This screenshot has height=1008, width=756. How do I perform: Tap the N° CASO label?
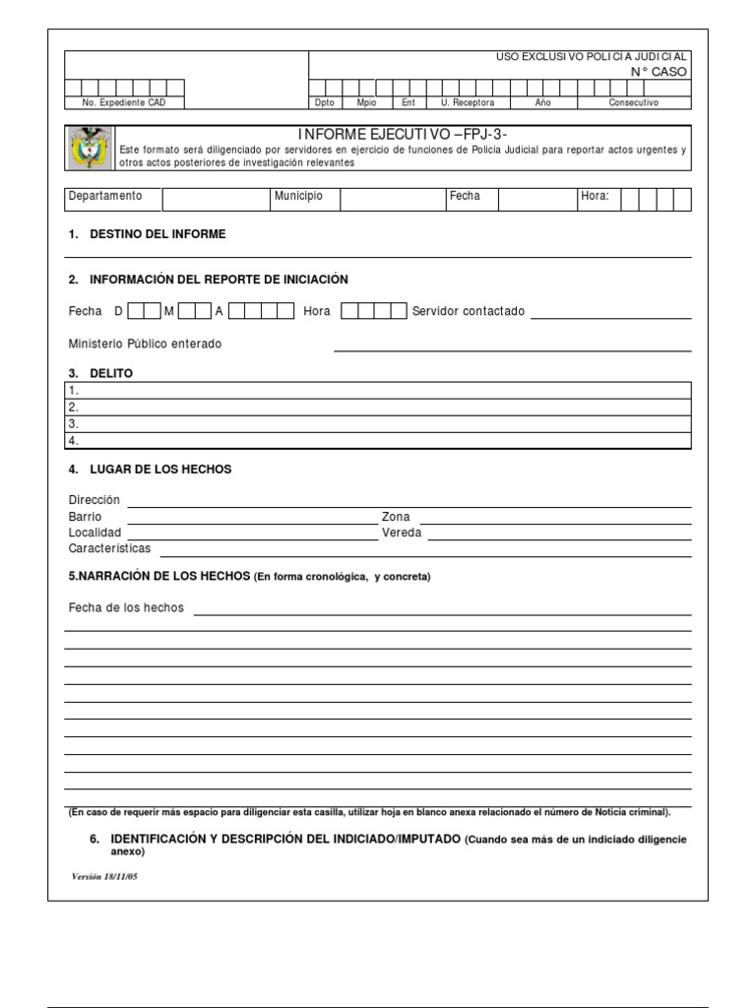pyautogui.click(x=659, y=72)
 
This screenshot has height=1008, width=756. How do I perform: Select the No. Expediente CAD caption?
pyautogui.click(x=111, y=102)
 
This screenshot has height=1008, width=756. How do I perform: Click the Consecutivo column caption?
pyautogui.click(x=634, y=102)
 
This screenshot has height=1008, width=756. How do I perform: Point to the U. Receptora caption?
pyautogui.click(x=468, y=102)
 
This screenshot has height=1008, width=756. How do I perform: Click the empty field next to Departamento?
pyautogui.click(x=217, y=199)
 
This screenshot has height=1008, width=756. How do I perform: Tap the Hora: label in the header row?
pyautogui.click(x=595, y=196)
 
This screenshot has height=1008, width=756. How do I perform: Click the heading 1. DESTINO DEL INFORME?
pyautogui.click(x=148, y=234)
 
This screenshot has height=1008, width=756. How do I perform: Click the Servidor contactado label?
pyautogui.click(x=469, y=311)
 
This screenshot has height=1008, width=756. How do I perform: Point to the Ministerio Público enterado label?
pyautogui.click(x=146, y=344)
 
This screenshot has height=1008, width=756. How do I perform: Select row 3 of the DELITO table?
pyautogui.click(x=379, y=423)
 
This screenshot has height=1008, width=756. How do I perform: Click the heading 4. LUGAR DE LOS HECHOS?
pyautogui.click(x=150, y=470)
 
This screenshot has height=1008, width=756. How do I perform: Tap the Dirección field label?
pyautogui.click(x=94, y=500)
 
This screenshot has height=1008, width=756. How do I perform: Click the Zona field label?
pyautogui.click(x=396, y=517)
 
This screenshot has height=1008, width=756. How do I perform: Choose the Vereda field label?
pyautogui.click(x=402, y=533)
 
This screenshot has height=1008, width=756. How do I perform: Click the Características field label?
pyautogui.click(x=110, y=548)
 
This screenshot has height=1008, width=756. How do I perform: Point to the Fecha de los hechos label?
pyautogui.click(x=126, y=607)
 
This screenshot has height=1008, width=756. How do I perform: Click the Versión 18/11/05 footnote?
pyautogui.click(x=105, y=876)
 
